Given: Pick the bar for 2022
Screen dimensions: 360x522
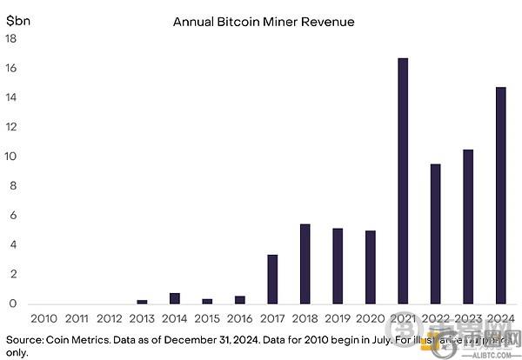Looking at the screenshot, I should (x=435, y=234).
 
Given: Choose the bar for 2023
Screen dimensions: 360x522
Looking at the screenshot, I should (x=468, y=227).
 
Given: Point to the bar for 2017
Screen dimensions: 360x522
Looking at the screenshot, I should (x=272, y=279).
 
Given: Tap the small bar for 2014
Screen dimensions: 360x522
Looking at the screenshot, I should (x=175, y=298).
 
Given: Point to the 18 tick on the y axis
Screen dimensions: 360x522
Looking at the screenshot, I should (x=10, y=39).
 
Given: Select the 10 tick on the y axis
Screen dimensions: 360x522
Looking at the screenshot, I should (x=10, y=157).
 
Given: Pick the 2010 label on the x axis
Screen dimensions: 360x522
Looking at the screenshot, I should (x=44, y=319).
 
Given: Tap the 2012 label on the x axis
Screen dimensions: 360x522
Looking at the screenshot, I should (x=110, y=319).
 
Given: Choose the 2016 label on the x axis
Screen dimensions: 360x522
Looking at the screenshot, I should (x=240, y=319).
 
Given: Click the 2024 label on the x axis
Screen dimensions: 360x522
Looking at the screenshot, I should (x=500, y=319).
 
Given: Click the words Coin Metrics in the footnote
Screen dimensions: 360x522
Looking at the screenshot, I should (x=81, y=338).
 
